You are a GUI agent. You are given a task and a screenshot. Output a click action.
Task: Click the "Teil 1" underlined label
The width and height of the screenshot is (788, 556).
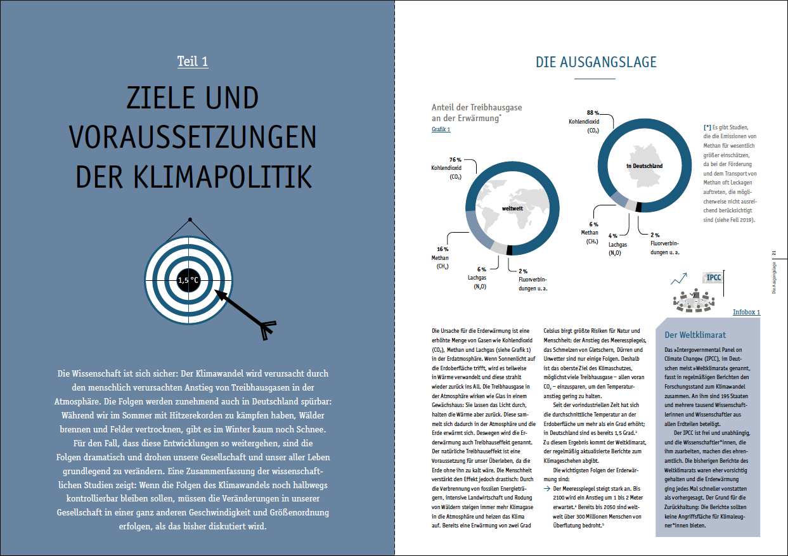point(193,61)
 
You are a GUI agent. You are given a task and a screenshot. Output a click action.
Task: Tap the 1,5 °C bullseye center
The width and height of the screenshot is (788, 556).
point(189,280)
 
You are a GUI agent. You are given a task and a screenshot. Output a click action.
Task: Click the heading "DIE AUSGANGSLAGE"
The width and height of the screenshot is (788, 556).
point(596,62)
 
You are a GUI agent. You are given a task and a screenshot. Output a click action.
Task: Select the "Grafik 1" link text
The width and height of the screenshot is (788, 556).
point(441,129)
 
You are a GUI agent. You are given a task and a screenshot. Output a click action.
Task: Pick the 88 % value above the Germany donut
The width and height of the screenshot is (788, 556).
point(593,112)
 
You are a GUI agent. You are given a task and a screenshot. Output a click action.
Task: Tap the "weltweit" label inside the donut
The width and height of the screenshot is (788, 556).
point(513,208)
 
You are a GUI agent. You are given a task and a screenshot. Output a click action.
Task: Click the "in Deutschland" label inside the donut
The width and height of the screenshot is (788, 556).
point(644,166)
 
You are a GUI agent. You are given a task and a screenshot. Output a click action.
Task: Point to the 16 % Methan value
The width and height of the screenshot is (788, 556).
point(442,249)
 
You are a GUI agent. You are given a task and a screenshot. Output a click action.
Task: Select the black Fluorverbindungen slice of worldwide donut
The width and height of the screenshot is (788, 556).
point(509,250)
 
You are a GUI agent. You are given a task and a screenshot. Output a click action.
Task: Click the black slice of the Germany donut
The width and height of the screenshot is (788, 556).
point(638,207)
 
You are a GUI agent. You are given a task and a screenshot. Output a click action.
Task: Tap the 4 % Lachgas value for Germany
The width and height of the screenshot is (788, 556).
point(613,236)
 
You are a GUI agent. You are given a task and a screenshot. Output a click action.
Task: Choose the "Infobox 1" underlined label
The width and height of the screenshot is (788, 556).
point(746,313)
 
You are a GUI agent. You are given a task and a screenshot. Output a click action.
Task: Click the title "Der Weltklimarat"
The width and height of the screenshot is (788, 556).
point(695,335)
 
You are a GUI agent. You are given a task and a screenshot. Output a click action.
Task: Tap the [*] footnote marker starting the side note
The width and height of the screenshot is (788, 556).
point(707,127)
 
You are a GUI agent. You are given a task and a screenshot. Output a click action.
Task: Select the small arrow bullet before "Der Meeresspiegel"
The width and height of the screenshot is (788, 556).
point(547,489)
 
